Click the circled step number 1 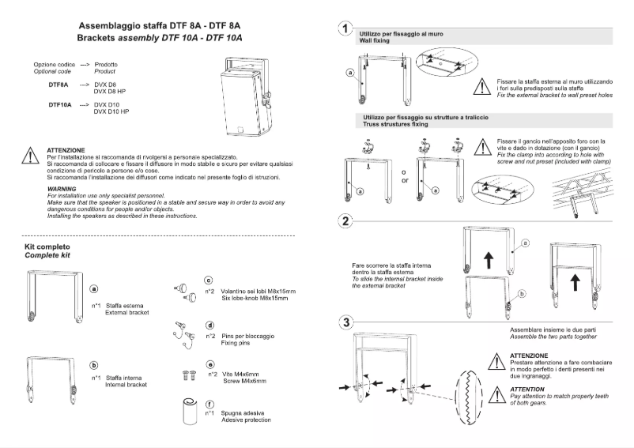click(x=345, y=30)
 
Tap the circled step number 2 click(x=345, y=220)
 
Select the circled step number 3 click(x=345, y=322)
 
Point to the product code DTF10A click(x=59, y=104)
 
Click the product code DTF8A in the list click(x=58, y=83)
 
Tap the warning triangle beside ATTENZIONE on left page click(x=29, y=155)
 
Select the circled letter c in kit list click(x=209, y=280)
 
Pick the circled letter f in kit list click(x=209, y=404)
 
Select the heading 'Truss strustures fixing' click(x=397, y=123)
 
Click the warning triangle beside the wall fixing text click(x=483, y=86)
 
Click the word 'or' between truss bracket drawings click(x=405, y=180)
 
